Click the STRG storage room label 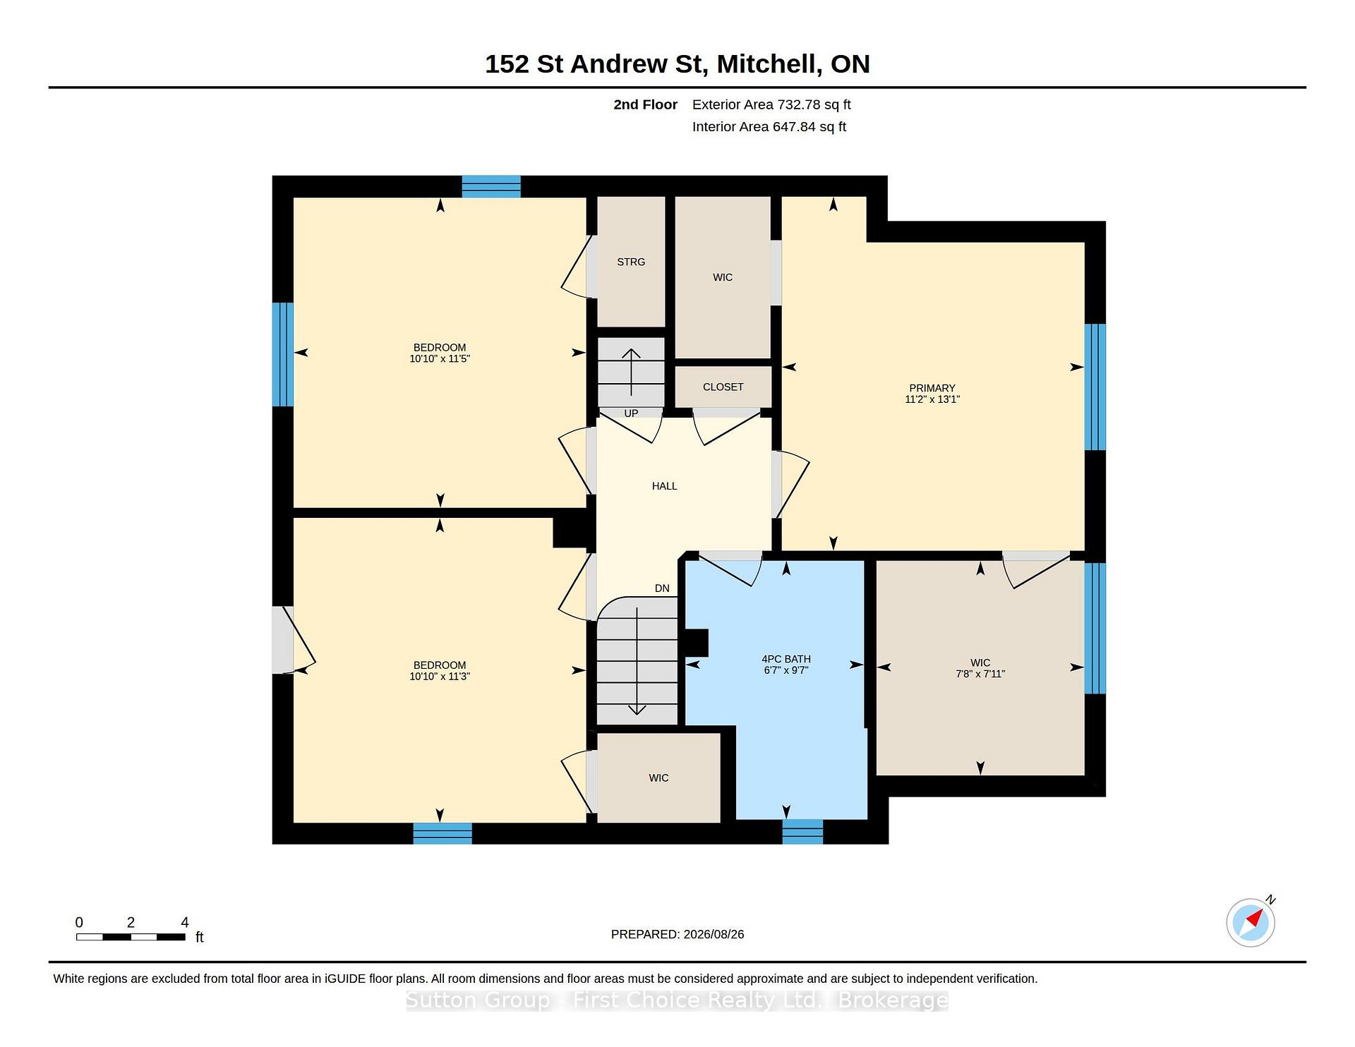pos(631,262)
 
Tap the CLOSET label pos(723,387)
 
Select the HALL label pos(664,486)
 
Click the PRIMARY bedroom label pos(932,388)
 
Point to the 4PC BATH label pos(786,659)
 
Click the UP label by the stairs pos(631,413)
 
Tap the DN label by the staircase pos(662,588)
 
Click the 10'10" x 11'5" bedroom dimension pos(440,358)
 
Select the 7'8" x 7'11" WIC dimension pos(980,674)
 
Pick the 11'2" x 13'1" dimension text pos(932,399)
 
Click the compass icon pos(1251,922)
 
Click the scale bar pos(131,937)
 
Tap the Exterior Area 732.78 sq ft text pos(771,104)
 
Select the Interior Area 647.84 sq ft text pos(769,127)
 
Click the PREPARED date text pos(677,934)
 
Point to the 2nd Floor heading pos(645,104)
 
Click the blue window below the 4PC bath pos(802,832)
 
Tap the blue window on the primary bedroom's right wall pos(1095,387)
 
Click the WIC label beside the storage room pos(723,277)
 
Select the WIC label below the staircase pos(658,777)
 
